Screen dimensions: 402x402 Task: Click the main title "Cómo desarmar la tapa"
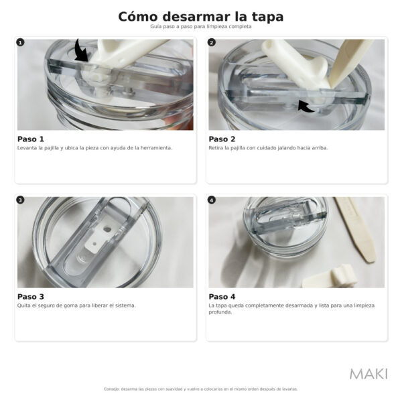point(201,17)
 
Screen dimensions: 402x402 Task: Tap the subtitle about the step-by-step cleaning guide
point(201,27)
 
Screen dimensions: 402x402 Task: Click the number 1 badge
point(20,42)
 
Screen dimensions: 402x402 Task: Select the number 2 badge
point(212,42)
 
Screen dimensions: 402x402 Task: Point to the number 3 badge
point(20,200)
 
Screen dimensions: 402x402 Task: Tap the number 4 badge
point(212,200)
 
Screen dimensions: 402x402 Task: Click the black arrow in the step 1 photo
point(82,51)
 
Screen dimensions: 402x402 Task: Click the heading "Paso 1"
point(31,139)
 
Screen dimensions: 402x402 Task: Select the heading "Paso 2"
point(222,139)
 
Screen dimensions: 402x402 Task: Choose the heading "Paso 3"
point(31,297)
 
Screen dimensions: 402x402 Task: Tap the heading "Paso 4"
point(222,297)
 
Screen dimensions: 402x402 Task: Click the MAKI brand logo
point(368,374)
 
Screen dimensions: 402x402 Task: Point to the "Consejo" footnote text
point(201,389)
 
